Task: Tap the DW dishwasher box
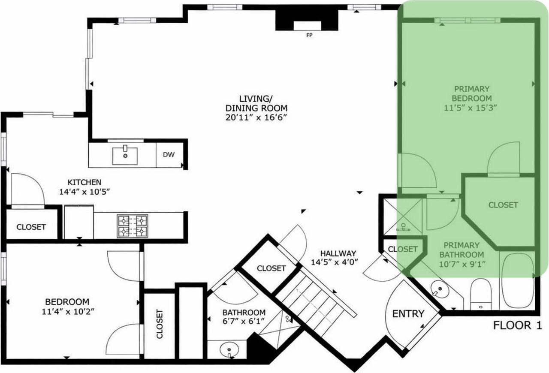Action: (169, 155)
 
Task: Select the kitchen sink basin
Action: (125, 156)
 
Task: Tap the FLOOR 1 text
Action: (518, 325)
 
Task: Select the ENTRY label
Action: (408, 314)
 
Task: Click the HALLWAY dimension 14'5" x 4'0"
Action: (335, 262)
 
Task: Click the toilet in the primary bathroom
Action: (481, 294)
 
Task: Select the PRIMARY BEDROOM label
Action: (472, 94)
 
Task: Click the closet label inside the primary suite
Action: (503, 205)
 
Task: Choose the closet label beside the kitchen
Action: (31, 227)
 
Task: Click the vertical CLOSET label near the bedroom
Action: (160, 324)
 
